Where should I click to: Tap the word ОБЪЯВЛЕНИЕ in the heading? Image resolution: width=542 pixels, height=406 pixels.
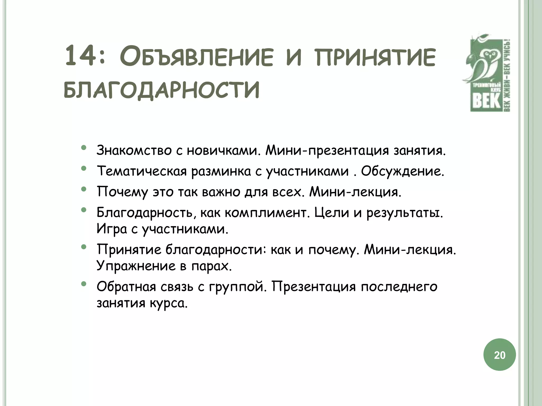[x=196, y=58]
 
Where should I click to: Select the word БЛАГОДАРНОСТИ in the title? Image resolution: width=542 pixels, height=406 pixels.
[x=161, y=90]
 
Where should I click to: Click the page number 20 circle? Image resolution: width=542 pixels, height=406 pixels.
[x=499, y=355]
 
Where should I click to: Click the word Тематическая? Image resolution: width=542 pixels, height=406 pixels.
[x=142, y=171]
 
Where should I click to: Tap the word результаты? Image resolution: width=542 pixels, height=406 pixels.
[x=404, y=213]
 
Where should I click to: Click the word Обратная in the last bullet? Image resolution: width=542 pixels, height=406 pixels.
[x=126, y=287]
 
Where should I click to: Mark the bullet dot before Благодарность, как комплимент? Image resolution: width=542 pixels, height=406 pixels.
[x=84, y=210]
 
